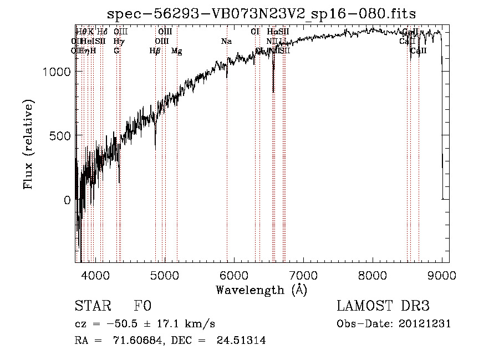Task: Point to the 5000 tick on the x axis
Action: [x=165, y=275]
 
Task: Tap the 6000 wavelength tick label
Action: [x=234, y=275]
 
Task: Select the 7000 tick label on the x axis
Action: [x=303, y=275]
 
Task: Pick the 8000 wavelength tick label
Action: [x=373, y=275]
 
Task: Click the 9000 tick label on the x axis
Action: [x=442, y=275]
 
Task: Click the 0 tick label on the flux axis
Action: [x=67, y=200]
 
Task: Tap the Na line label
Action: [x=226, y=42]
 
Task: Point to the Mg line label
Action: [x=177, y=51]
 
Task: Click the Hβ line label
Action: [x=155, y=51]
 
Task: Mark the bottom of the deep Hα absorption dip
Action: [x=273, y=92]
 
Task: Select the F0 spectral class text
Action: [x=142, y=307]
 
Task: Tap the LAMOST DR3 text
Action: [x=383, y=307]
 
